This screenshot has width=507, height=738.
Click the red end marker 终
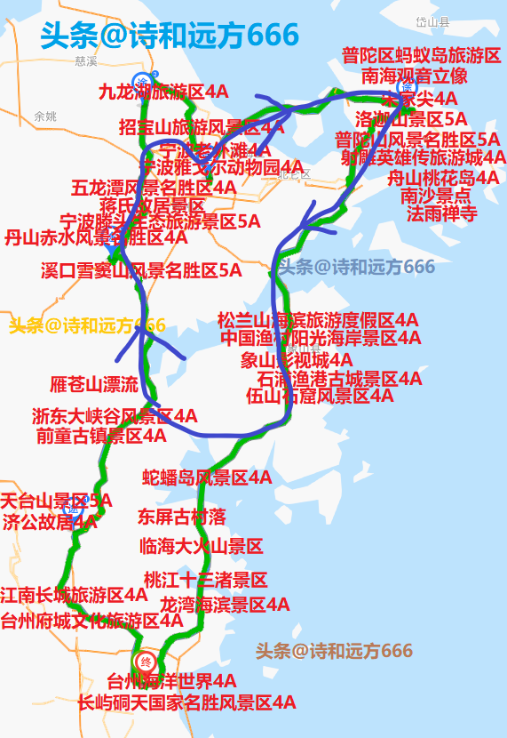[x=147, y=662]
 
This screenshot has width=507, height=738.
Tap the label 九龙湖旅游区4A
[x=163, y=92]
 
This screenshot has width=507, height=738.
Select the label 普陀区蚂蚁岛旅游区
[x=421, y=56]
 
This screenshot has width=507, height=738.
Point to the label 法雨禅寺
[x=442, y=213]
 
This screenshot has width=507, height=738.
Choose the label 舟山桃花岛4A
[x=443, y=177]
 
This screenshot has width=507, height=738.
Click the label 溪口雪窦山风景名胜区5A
[x=141, y=270]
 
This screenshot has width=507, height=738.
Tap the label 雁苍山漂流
[x=94, y=385]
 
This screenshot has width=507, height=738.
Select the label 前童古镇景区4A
[x=101, y=436]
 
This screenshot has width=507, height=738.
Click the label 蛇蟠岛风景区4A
[x=207, y=477]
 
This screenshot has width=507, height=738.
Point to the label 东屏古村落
[x=182, y=517]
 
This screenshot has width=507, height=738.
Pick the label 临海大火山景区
[x=202, y=546]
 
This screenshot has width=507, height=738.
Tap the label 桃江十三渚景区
[x=205, y=581]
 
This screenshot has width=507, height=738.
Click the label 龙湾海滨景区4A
[x=225, y=605]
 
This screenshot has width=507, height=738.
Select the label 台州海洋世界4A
[x=172, y=682]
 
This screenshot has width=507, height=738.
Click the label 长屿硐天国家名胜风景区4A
[x=186, y=702]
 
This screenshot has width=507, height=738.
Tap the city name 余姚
[x=44, y=116]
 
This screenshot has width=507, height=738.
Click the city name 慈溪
[x=85, y=61]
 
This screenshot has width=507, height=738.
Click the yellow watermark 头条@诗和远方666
[x=87, y=325]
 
